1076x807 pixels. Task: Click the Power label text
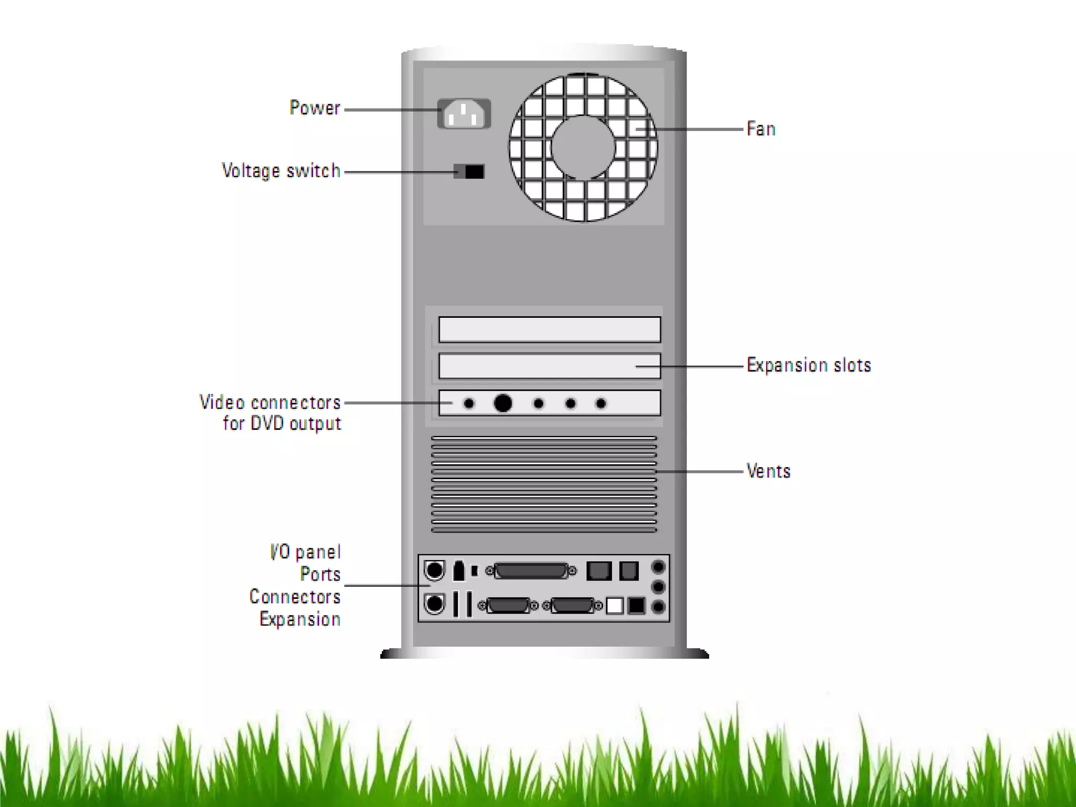[315, 108]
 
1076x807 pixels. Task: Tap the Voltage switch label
[281, 171]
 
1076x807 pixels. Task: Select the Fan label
[761, 129]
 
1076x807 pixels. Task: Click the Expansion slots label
[809, 365]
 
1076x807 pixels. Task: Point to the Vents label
[768, 471]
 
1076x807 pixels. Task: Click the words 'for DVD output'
[282, 423]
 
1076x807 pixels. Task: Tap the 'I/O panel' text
[305, 552]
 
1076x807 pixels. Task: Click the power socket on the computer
[464, 113]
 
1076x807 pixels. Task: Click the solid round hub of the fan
[583, 147]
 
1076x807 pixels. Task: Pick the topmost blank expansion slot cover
[550, 329]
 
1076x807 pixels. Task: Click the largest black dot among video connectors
[503, 403]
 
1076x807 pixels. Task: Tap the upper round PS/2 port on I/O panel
[434, 570]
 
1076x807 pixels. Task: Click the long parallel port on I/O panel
[531, 571]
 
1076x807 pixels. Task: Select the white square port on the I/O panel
[614, 606]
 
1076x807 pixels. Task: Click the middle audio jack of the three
[658, 587]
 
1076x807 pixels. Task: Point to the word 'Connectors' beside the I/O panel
[295, 597]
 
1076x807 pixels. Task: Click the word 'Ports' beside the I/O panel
[320, 574]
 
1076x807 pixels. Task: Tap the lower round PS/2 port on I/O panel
[434, 604]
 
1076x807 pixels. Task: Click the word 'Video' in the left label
[222, 402]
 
